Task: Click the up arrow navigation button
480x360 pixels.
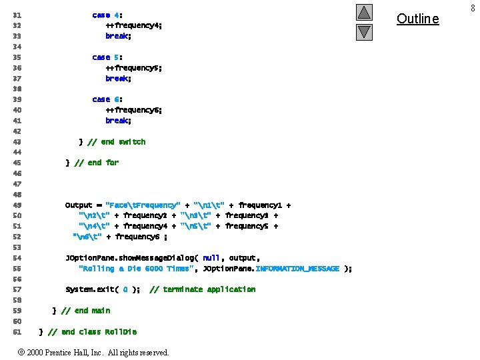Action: pyautogui.click(x=364, y=13)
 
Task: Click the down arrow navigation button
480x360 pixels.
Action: pyautogui.click(x=364, y=31)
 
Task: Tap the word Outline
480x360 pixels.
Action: pyautogui.click(x=418, y=19)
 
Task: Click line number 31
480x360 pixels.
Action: pyautogui.click(x=17, y=15)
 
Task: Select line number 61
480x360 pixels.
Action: pyautogui.click(x=17, y=332)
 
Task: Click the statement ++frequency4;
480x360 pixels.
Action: pyautogui.click(x=133, y=25)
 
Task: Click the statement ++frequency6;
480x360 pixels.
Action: pyautogui.click(x=133, y=110)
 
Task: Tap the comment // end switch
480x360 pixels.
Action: pyautogui.click(x=117, y=142)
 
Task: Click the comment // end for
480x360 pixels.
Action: pyautogui.click(x=97, y=163)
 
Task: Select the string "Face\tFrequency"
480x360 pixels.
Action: pyautogui.click(x=143, y=205)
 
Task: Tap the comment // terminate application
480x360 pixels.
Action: pyautogui.click(x=203, y=289)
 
